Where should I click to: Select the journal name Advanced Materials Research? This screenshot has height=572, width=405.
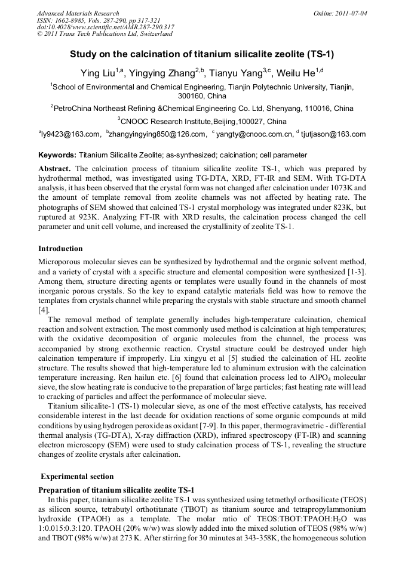pyautogui.click(x=78, y=13)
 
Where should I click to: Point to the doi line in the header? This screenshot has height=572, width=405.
pyautogui.click(x=105, y=27)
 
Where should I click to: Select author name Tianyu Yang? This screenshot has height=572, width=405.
pyautogui.click(x=236, y=73)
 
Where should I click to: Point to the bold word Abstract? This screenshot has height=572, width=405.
pyautogui.click(x=55, y=169)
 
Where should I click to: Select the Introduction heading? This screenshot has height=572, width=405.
pyautogui.click(x=61, y=248)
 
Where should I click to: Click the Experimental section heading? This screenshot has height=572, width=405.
pyautogui.click(x=77, y=477)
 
